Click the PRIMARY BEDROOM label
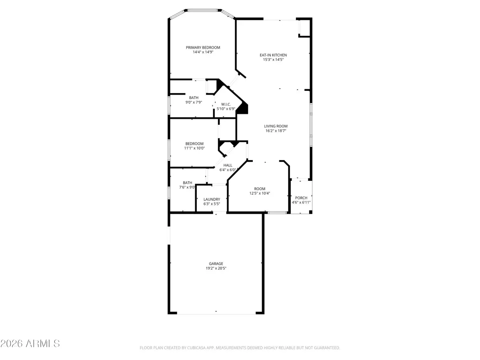(x=203, y=48)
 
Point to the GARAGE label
(x=216, y=264)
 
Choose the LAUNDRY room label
(x=211, y=199)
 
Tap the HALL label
(x=228, y=165)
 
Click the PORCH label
(x=301, y=198)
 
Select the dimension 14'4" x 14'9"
(x=203, y=52)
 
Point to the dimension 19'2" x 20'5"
(x=216, y=268)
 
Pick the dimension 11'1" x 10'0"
(x=194, y=148)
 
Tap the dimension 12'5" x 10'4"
(x=260, y=194)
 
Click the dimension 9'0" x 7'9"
(x=194, y=102)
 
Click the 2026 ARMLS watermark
(x=30, y=344)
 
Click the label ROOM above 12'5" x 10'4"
(x=260, y=189)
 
